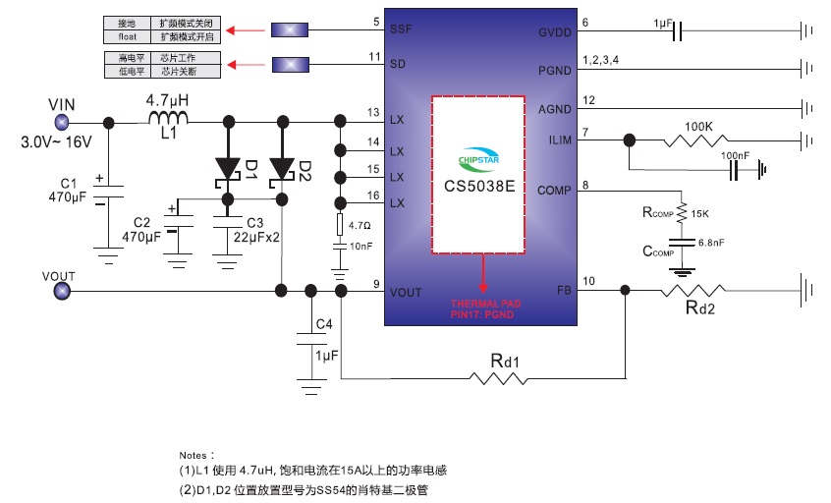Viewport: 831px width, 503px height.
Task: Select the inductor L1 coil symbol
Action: click(168, 120)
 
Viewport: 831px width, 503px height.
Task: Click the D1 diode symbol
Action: click(229, 168)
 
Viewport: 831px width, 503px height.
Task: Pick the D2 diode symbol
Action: click(282, 168)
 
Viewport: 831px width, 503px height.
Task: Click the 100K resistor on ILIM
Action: click(697, 140)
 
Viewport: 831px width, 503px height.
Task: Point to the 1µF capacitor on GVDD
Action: click(677, 32)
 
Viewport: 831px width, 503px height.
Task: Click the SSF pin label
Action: click(402, 29)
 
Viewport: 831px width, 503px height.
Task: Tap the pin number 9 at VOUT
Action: click(376, 286)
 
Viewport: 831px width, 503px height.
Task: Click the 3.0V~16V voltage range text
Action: click(57, 142)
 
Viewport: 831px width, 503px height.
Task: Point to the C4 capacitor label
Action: click(323, 324)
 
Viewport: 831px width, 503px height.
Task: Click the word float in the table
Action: click(116, 35)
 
